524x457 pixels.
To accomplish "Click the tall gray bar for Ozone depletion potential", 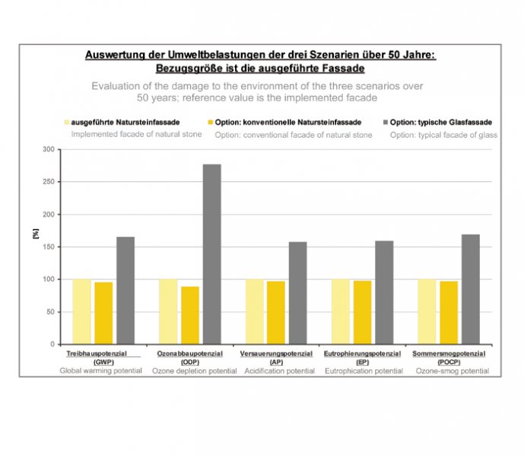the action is coord(212,254).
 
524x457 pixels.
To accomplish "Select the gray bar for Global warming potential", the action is coord(125,291).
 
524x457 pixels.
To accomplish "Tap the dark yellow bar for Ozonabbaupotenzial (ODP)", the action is coord(190,315).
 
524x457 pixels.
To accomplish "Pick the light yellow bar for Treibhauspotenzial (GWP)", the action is coord(82,312).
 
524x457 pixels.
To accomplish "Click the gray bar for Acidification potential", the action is coord(298,293).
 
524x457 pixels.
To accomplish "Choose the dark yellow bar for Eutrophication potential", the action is coord(363,312).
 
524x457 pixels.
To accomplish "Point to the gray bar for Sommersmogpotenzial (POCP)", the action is coord(471,289).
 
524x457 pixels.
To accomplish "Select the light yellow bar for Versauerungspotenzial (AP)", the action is coord(255,312).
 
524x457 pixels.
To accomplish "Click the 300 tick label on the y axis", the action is coord(49,149).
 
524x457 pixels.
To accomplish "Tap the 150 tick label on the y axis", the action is coord(49,247).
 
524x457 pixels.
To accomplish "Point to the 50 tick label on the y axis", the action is coord(50,312).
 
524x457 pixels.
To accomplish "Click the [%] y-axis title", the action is coord(36,234).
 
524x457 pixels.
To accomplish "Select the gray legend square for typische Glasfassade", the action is coord(386,122).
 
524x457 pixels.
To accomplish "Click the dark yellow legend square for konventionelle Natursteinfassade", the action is coord(210,122).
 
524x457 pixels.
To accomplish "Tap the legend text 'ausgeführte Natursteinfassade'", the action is coord(125,122).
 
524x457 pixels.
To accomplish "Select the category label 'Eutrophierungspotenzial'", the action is coord(362,353).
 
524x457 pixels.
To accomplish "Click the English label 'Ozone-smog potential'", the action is coord(453,371).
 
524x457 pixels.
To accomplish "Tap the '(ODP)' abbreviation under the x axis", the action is coord(190,363).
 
